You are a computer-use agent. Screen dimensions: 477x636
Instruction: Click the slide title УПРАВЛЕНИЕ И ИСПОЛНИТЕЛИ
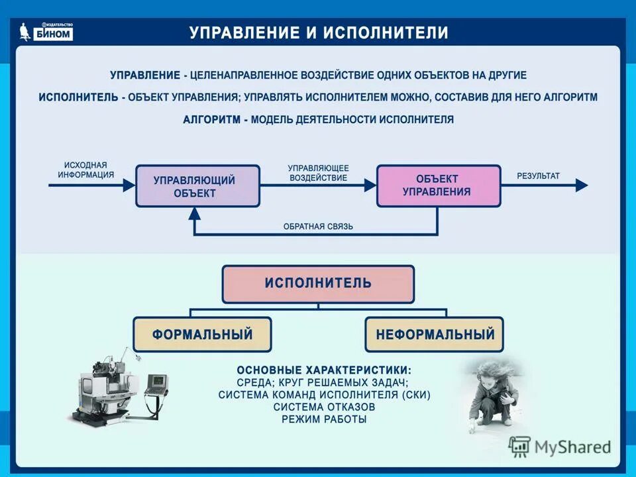319,33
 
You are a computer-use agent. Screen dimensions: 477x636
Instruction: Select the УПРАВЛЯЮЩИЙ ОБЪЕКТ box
197,186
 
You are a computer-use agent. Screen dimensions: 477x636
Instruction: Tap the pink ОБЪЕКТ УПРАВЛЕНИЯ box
438,185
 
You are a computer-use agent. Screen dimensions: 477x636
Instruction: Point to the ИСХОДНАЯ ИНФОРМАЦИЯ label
85,170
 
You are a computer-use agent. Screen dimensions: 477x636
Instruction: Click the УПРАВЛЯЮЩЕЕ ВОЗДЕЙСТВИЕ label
318,173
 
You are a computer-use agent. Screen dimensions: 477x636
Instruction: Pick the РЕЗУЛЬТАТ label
538,176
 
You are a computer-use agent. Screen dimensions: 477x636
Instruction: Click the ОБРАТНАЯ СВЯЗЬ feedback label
318,227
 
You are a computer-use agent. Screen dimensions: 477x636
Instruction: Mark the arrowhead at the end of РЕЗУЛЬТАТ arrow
581,185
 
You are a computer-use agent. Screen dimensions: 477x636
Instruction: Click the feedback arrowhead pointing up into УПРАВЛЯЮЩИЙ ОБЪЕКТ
194,213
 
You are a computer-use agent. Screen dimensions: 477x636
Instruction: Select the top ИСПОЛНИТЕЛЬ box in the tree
318,284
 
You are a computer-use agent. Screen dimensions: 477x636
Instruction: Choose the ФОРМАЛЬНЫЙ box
202,334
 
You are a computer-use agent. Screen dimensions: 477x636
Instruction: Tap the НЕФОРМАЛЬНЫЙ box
435,334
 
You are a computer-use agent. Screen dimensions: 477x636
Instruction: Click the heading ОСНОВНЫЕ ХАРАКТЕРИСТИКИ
324,369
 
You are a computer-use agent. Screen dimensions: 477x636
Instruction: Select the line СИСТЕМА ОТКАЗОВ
324,407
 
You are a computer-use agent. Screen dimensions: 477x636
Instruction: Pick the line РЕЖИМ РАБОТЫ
324,419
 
